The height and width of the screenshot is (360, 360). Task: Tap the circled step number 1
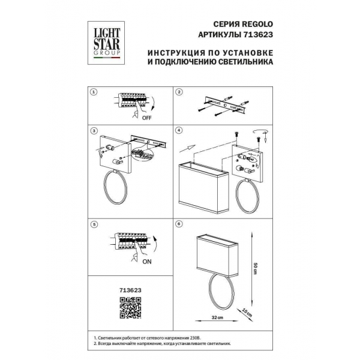(x=94, y=93)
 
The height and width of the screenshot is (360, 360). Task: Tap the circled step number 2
(x=179, y=93)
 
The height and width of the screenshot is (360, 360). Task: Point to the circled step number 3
(x=94, y=130)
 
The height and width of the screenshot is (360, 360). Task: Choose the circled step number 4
(x=179, y=130)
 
